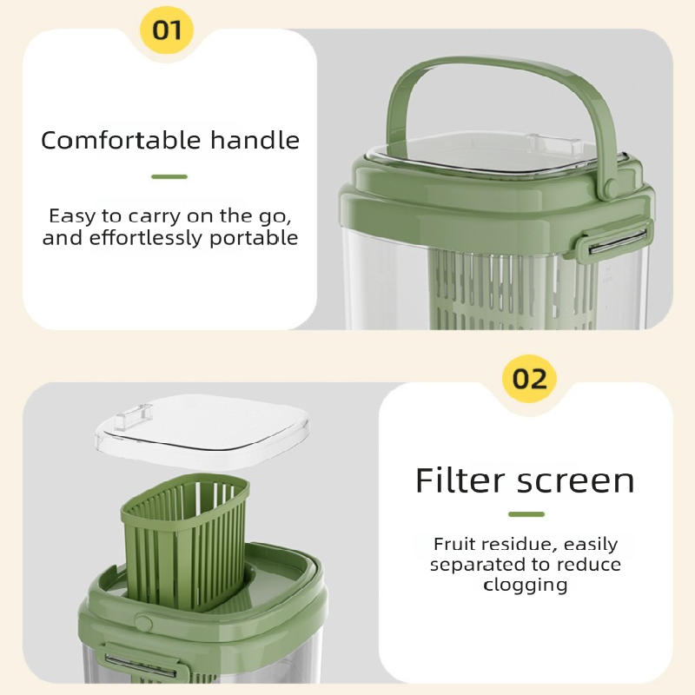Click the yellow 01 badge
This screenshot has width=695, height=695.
coord(167,30)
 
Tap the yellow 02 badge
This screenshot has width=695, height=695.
coord(529,380)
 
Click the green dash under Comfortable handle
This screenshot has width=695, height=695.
coord(169,176)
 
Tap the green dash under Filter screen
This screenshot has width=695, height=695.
coord(526,514)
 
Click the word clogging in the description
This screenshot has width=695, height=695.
coord(526,585)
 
